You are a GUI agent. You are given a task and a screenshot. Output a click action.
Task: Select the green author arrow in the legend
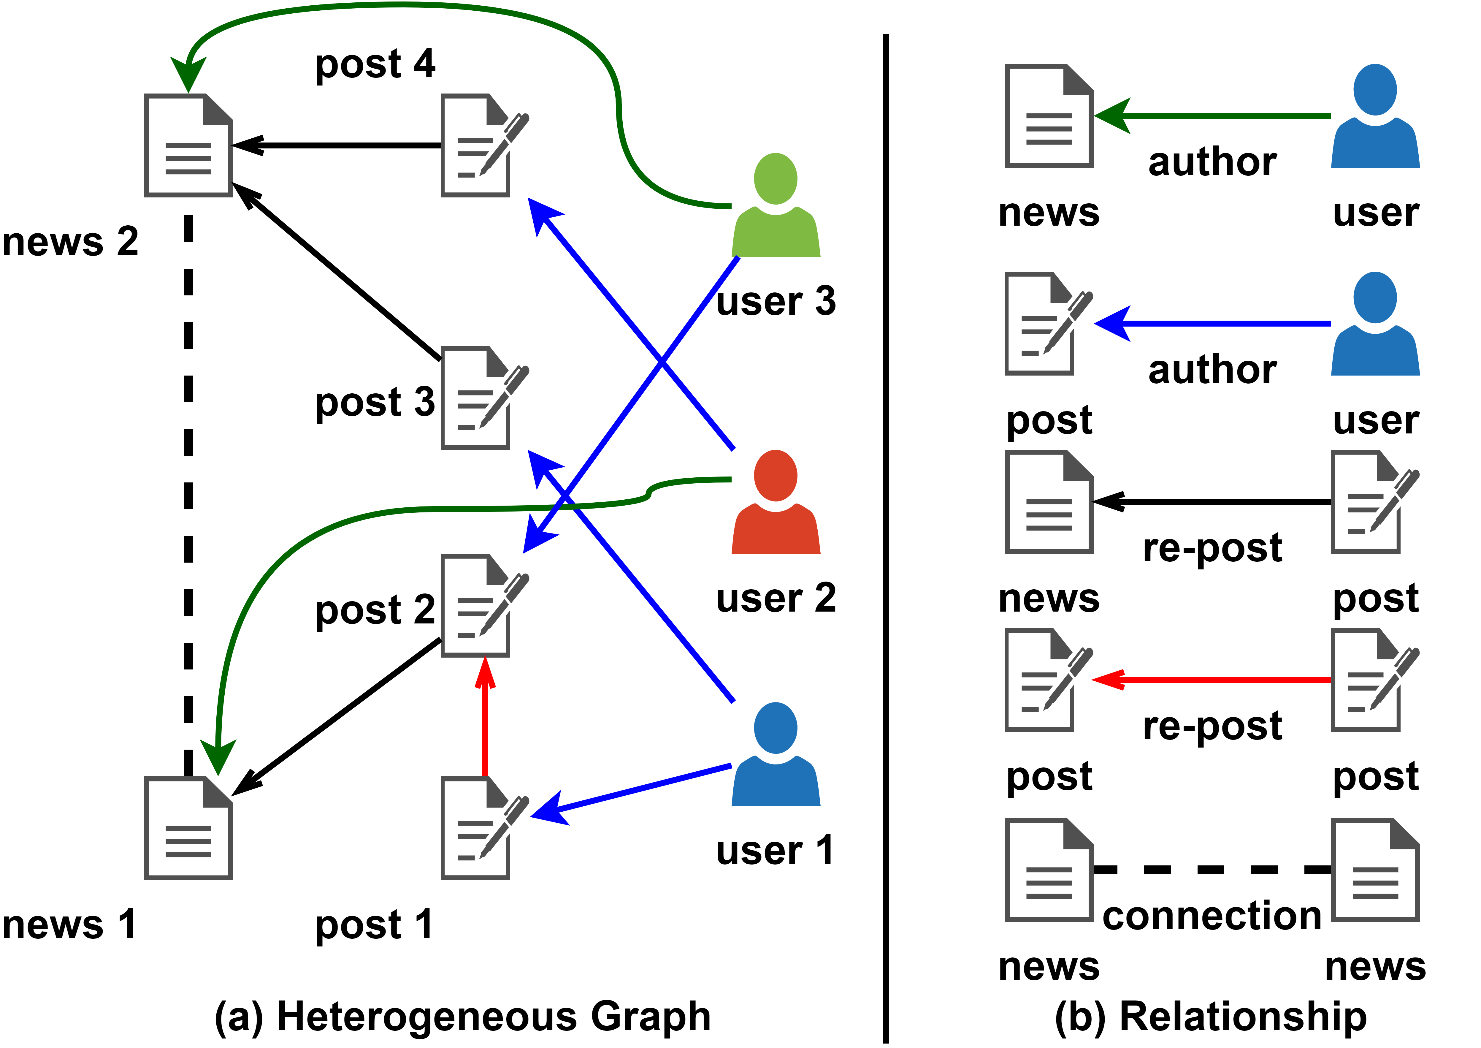(x=1213, y=116)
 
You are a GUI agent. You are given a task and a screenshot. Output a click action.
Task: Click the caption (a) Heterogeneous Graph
(x=462, y=1016)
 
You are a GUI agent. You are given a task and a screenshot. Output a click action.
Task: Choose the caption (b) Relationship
(x=1211, y=1016)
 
